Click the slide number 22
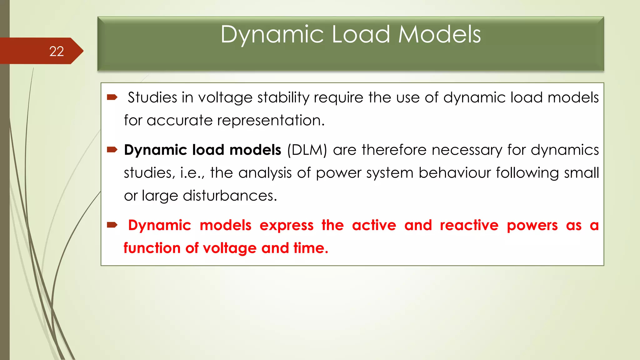coord(57,51)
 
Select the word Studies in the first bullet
coord(152,97)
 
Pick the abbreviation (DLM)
coord(307,150)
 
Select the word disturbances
coord(230,196)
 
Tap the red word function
coord(152,248)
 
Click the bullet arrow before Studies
coord(112,97)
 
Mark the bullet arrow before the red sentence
coord(112,225)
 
